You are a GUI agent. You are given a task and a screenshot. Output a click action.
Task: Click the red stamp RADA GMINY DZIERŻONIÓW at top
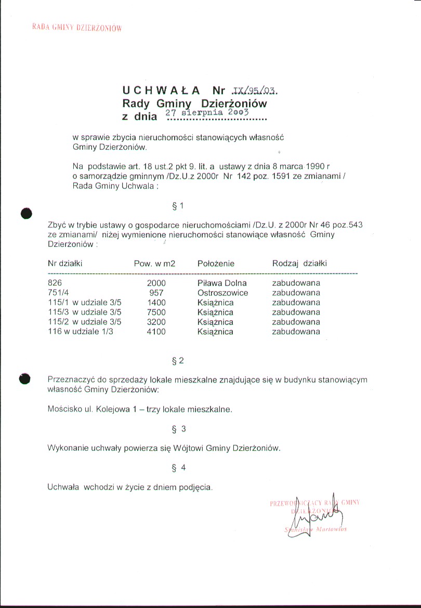(77, 28)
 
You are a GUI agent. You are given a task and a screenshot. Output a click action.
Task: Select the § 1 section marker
(177, 206)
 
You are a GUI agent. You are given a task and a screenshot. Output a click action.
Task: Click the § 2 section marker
(177, 360)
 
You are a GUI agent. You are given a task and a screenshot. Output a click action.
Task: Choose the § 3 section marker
(178, 429)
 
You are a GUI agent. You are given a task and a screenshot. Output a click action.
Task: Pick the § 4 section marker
(178, 468)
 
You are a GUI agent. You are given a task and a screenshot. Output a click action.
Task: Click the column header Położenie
(216, 263)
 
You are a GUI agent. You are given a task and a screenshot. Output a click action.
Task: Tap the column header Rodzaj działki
(299, 263)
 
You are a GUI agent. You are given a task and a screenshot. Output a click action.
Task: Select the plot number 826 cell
(54, 283)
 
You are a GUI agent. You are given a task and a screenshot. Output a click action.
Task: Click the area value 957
(156, 293)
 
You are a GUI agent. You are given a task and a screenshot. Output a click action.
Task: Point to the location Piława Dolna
(222, 283)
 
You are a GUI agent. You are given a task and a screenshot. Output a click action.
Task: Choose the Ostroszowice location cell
(223, 293)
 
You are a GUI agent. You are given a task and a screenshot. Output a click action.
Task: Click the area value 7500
(156, 312)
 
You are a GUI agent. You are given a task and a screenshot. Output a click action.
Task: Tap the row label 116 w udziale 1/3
(80, 332)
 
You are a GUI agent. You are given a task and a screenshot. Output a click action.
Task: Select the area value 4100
(156, 332)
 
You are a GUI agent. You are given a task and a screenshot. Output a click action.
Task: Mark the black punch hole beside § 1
(27, 213)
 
